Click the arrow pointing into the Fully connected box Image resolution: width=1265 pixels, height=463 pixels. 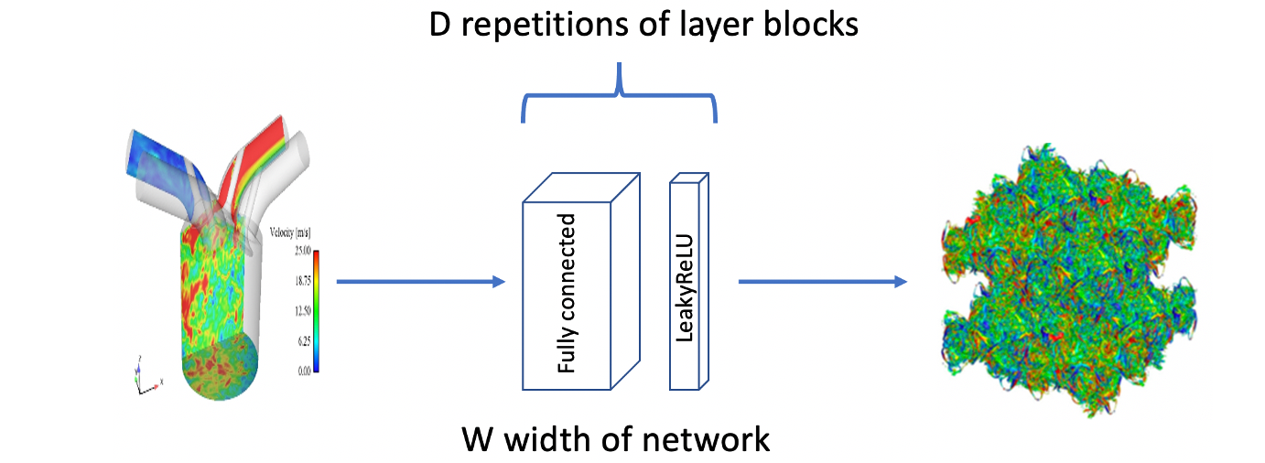421,282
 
